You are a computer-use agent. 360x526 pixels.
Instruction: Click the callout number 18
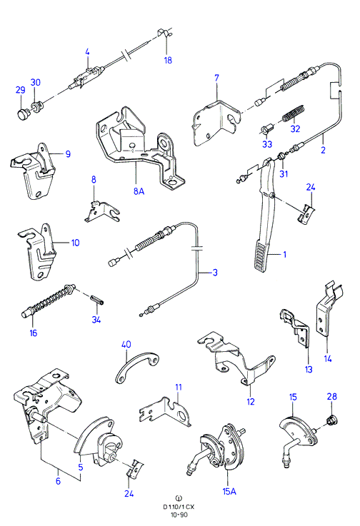(168, 60)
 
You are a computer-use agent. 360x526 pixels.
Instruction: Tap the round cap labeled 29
(23, 114)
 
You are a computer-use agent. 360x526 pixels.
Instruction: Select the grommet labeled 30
(36, 106)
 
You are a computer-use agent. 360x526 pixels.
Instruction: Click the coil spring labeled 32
(294, 113)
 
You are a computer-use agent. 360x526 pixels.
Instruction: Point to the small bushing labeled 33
(266, 128)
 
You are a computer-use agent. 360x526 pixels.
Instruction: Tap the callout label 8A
(139, 191)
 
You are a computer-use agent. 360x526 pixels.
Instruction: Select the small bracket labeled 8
(101, 213)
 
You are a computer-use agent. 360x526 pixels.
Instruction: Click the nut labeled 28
(332, 420)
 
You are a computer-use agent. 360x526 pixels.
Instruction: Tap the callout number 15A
(229, 492)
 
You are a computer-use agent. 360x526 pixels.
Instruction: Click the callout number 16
(34, 333)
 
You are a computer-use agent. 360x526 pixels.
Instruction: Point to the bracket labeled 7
(216, 123)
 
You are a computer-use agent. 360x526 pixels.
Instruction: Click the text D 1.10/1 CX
(179, 507)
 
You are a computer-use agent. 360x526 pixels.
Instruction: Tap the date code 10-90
(179, 515)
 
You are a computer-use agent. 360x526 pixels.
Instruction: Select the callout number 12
(251, 402)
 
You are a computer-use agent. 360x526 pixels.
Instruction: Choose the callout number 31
(284, 173)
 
